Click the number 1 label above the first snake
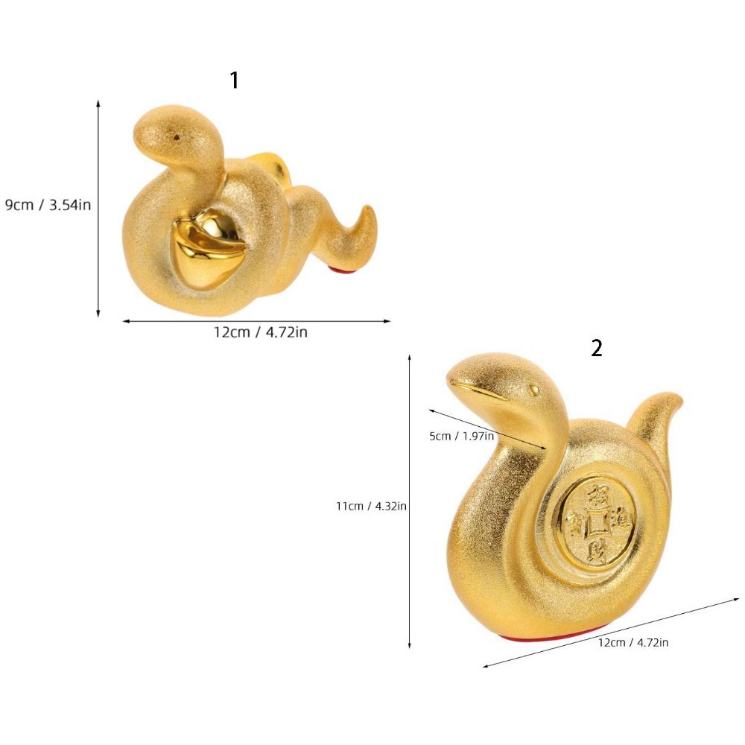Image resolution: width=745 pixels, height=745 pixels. (235, 80)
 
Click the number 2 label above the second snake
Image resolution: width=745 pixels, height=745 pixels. (596, 348)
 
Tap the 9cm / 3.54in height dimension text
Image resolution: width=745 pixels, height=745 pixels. (48, 204)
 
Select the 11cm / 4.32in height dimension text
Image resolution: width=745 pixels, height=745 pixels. (371, 506)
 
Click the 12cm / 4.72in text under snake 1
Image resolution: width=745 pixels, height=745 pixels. (261, 332)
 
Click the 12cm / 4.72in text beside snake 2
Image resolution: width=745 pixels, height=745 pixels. (633, 642)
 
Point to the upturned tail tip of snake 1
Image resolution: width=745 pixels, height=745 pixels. (369, 210)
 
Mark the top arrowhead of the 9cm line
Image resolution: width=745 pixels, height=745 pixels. (98, 104)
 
